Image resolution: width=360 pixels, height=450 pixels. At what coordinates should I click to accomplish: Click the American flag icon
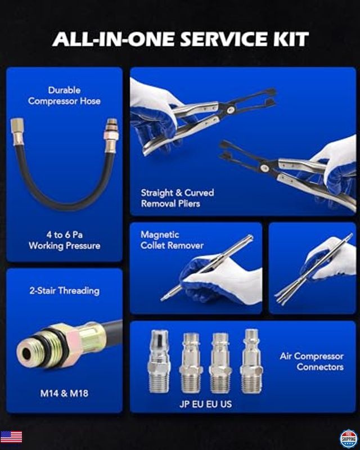(x=11, y=437)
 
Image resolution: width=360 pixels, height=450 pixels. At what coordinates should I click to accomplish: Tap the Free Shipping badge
(x=349, y=438)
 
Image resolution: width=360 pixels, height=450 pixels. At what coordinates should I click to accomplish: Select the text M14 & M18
(x=64, y=393)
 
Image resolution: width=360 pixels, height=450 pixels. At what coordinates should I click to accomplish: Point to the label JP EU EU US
(x=205, y=404)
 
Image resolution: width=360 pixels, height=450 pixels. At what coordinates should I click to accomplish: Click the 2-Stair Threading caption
(x=64, y=291)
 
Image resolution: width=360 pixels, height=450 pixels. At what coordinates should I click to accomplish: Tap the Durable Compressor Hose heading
(x=64, y=96)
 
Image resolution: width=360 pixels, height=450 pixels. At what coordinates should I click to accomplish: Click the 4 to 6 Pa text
(x=64, y=235)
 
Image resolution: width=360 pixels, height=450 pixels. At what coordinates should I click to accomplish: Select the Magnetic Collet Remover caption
(x=172, y=240)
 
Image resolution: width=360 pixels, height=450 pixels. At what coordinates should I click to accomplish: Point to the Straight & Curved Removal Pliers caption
(x=177, y=198)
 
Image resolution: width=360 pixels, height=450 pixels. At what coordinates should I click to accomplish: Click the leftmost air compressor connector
(x=159, y=361)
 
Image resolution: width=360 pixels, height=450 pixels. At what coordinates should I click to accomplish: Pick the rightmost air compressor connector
(x=251, y=361)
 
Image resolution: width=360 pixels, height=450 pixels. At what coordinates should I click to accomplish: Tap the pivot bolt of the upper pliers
(x=231, y=109)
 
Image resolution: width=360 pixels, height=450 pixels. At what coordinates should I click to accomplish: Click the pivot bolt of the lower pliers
(x=264, y=168)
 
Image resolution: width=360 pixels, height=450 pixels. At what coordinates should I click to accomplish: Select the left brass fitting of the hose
(x=18, y=132)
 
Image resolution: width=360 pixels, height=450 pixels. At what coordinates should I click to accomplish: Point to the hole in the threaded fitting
(x=26, y=354)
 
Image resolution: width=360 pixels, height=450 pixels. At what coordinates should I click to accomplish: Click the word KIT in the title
(x=290, y=39)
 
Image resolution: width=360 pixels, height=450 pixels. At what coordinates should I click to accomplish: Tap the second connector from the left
(x=191, y=363)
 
